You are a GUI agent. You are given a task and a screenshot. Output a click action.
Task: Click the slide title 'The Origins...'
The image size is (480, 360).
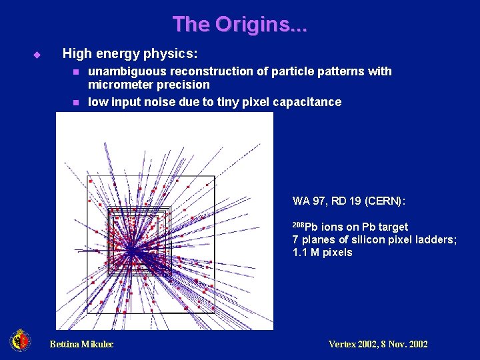click(x=239, y=25)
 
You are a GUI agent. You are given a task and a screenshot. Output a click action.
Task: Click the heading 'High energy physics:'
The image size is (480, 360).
click(x=129, y=53)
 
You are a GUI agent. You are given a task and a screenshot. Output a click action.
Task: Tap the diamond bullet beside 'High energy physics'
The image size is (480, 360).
click(x=37, y=53)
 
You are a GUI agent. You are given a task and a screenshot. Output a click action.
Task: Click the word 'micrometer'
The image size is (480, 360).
click(x=117, y=85)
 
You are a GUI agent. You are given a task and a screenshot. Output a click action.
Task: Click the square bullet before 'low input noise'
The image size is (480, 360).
click(x=76, y=102)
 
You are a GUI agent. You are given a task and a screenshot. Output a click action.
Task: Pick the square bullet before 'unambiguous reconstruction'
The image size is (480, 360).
click(x=76, y=71)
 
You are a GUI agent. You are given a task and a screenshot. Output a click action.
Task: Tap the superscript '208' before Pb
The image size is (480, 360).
click(x=299, y=225)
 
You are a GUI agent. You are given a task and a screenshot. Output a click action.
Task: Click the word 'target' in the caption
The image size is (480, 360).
click(x=391, y=227)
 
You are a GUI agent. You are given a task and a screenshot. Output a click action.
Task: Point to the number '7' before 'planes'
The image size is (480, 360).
click(x=295, y=240)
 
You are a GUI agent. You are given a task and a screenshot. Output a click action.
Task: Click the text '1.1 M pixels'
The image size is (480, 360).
click(x=322, y=253)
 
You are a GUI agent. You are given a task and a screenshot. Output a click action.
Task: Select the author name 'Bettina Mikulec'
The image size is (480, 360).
click(x=81, y=344)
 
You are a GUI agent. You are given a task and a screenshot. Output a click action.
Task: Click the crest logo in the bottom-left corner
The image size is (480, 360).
click(x=20, y=341)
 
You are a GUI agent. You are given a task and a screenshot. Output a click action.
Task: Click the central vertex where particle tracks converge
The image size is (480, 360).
click(x=131, y=249)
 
